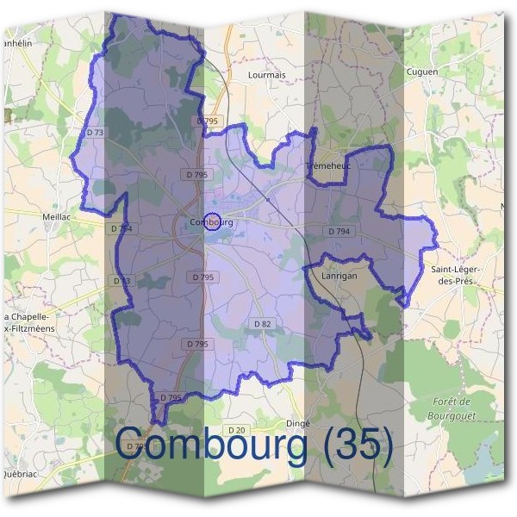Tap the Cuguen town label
[x=422, y=72]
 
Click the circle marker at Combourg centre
[x=214, y=222]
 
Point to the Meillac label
[x=59, y=217]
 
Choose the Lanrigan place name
[x=339, y=277]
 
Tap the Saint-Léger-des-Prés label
[x=456, y=276]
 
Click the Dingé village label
[x=297, y=423]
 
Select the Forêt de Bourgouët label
[x=452, y=408]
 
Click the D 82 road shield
[x=263, y=323]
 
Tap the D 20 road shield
[x=237, y=429]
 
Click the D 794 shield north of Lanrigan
[x=339, y=231]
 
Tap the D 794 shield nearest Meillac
[x=121, y=228]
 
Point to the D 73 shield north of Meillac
[x=95, y=132]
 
